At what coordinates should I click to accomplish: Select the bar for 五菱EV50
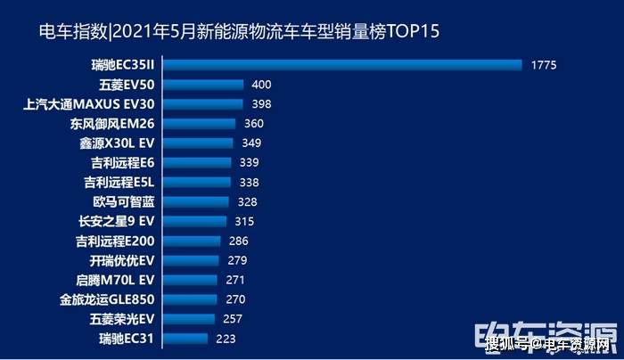pos(204,85)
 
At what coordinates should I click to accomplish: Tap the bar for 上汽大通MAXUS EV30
pos(204,104)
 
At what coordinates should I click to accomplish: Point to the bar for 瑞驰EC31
pos(186,339)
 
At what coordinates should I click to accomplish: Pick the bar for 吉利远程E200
pos(193,241)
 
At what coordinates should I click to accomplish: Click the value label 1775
pos(543,65)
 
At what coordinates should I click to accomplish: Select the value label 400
pos(261,85)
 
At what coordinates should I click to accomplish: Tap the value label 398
pos(261,104)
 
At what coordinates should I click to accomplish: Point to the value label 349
pos(251,143)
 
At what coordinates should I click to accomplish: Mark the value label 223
pos(226,339)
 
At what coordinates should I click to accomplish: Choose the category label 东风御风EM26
pos(111,124)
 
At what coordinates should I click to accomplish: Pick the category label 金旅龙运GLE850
pos(108,299)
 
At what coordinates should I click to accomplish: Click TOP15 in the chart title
pos(410,33)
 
